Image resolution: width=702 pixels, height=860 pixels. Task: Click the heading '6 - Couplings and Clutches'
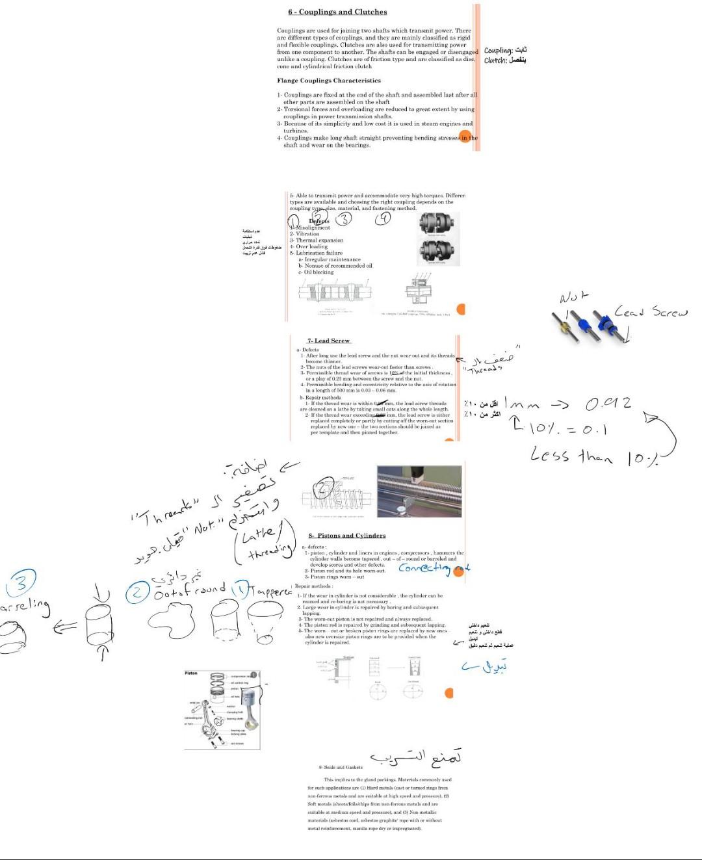tap(337, 12)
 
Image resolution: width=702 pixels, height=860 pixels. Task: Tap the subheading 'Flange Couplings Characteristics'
tap(329, 81)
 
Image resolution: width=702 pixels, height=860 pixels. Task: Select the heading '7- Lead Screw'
tap(328, 341)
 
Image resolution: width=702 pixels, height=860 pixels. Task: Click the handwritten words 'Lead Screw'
tap(650, 313)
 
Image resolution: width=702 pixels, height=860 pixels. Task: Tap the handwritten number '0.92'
tap(608, 404)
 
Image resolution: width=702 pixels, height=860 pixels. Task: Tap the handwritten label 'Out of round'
tap(190, 590)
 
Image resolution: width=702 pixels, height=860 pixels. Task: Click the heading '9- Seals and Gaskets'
tap(341, 767)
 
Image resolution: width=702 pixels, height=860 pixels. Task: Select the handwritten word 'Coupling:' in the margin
tap(499, 51)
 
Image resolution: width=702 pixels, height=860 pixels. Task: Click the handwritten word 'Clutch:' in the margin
tap(495, 60)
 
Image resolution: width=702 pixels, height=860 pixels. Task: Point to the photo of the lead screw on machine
tap(420, 491)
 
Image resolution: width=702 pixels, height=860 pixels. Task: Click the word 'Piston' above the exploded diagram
tap(191, 673)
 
